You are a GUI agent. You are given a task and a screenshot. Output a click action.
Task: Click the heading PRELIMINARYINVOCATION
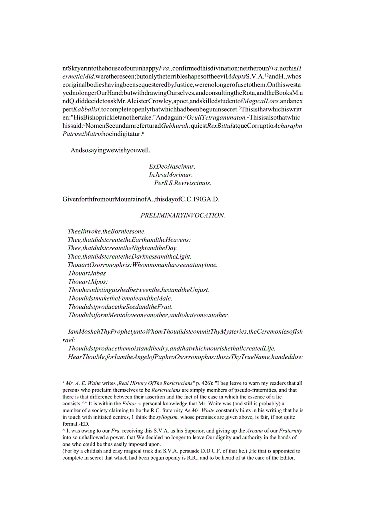[x=183, y=215]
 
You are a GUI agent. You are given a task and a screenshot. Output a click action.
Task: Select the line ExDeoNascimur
[x=172, y=166]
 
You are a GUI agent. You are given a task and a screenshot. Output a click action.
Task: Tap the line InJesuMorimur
[x=170, y=175]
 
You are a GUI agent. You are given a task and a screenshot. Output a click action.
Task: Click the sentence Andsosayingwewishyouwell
[x=110, y=150]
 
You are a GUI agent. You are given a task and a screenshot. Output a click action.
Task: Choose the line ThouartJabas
[x=87, y=273]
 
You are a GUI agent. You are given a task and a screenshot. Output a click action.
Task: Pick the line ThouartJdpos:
[x=87, y=282]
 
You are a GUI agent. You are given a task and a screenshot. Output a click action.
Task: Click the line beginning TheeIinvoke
[x=107, y=231]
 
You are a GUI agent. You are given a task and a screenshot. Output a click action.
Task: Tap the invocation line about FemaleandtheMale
[x=120, y=298]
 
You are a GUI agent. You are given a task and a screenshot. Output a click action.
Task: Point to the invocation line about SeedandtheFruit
[x=120, y=307]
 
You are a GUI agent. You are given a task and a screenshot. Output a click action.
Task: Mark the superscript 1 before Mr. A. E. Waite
[x=64, y=382]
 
